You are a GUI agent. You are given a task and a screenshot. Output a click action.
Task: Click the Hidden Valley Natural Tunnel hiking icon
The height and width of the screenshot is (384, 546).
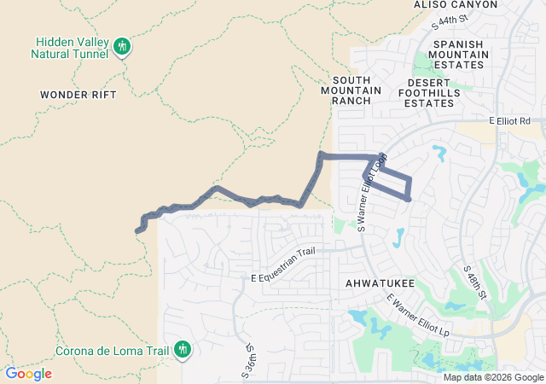(123, 46)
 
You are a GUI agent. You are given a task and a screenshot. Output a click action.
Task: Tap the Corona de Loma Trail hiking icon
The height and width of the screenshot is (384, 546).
(182, 349)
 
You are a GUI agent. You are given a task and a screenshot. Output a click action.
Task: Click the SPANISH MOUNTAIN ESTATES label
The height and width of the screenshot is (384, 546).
(460, 54)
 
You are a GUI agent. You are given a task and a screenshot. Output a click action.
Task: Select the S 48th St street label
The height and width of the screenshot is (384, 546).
(474, 281)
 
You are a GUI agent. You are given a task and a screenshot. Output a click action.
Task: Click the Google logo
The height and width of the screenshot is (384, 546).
(28, 374)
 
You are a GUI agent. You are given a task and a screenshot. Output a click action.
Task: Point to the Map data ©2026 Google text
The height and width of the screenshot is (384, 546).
(492, 377)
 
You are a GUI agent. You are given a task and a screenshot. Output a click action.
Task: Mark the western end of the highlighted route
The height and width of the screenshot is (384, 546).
(137, 230)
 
